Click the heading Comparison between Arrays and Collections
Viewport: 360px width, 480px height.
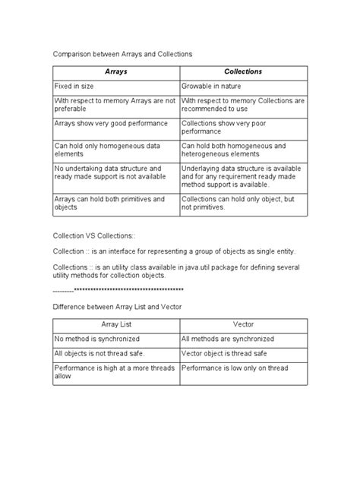coord(122,55)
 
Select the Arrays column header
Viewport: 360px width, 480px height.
coord(115,72)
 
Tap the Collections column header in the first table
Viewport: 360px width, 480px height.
coord(243,72)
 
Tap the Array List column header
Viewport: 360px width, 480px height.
coord(115,324)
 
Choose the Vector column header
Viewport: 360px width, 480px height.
coord(243,324)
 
